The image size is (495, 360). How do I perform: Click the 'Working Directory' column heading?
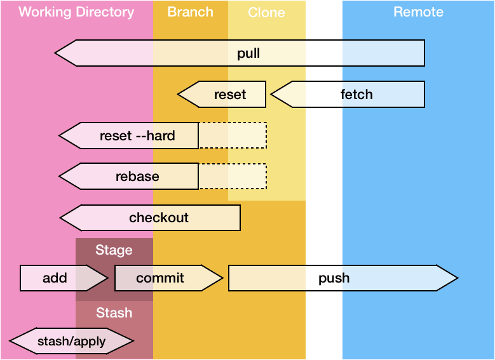[76, 12]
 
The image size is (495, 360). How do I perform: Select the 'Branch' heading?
[190, 12]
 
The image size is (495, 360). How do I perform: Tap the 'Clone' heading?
[266, 13]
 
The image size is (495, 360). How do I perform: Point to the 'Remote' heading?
[418, 12]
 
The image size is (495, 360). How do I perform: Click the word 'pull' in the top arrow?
[248, 53]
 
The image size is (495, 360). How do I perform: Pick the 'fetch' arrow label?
[356, 95]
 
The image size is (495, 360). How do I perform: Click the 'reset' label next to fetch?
[229, 95]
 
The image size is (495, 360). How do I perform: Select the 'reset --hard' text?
[137, 135]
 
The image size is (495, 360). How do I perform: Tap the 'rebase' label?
[137, 177]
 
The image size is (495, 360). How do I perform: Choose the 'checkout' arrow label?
[159, 218]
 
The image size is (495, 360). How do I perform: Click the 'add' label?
[55, 278]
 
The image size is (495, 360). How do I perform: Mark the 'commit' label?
[160, 278]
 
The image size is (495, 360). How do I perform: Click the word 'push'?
[334, 278]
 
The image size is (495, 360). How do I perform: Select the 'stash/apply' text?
[71, 342]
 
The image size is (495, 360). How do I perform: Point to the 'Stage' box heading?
[114, 250]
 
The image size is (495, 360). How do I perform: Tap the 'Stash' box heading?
[114, 312]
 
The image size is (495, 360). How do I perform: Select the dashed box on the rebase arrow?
[233, 177]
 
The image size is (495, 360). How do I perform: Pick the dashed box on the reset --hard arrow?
[233, 135]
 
